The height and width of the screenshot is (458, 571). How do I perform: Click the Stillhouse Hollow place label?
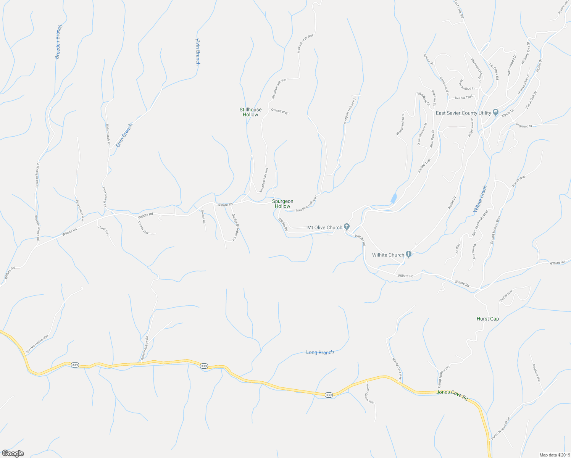[x=250, y=112]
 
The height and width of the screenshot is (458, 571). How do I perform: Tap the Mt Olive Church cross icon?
[x=347, y=227]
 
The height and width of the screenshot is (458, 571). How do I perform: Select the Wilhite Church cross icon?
[x=408, y=254]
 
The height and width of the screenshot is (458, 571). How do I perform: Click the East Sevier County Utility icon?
[x=495, y=112]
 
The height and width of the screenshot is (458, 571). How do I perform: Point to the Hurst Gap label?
[x=487, y=319]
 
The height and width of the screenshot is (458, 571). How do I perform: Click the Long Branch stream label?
[x=320, y=352]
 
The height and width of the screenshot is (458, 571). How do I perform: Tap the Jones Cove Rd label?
[x=452, y=394]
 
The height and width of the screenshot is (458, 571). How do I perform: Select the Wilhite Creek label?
[x=480, y=199]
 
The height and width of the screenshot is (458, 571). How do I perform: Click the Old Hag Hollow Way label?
[x=37, y=344]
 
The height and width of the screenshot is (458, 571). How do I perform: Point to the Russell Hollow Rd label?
[x=144, y=348]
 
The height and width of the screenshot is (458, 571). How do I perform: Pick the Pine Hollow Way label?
[x=80, y=211]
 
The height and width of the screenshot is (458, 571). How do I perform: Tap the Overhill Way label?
[x=279, y=111]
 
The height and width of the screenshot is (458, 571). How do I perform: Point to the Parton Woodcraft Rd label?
[x=501, y=428]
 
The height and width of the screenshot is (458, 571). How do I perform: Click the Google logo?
[x=13, y=453]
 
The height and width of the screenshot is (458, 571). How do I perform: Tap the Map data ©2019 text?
[x=554, y=455]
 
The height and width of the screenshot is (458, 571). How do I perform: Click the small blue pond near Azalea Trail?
[x=394, y=198]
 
